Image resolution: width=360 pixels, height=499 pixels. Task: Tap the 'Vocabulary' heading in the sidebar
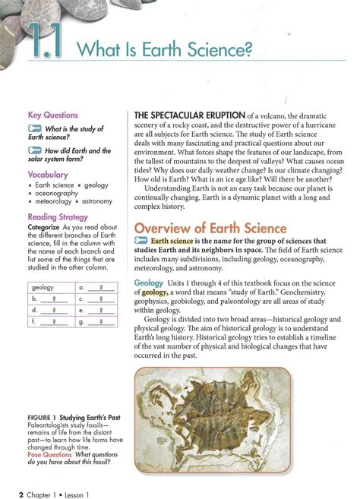point(48,175)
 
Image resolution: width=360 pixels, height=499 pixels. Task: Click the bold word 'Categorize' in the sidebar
point(44,227)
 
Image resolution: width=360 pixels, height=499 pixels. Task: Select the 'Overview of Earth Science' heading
point(210,228)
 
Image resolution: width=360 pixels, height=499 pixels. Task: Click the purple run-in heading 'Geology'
point(148,283)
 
